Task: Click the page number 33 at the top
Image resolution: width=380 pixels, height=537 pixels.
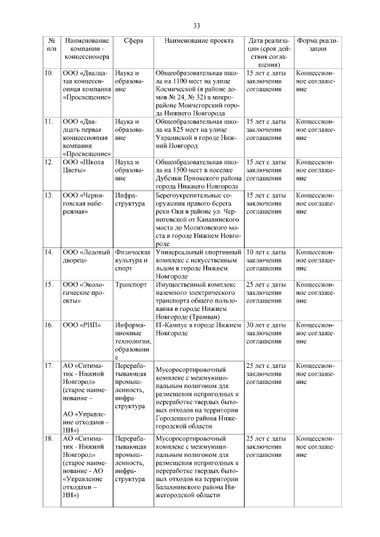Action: (x=197, y=24)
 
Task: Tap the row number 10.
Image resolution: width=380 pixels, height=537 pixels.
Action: (x=49, y=73)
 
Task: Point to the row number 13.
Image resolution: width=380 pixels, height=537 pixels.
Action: (x=49, y=195)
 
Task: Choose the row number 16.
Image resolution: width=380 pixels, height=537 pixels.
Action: (x=49, y=325)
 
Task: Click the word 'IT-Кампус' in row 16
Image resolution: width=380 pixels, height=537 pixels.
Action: (x=171, y=325)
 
